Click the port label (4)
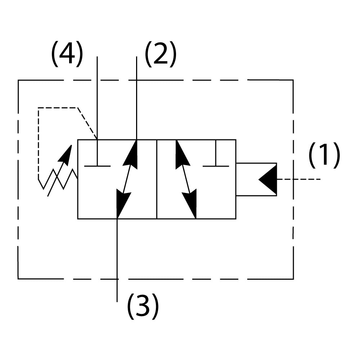point(67,54)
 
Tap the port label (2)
point(161,54)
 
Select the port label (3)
point(143,306)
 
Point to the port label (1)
point(324,155)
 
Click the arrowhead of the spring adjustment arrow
point(66,155)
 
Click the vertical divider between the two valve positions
point(157,179)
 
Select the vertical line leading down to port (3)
point(117,259)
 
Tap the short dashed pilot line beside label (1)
point(299,179)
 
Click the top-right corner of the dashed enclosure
point(293,80)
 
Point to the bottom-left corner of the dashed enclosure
point(18,278)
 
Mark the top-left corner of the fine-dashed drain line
point(39,108)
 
